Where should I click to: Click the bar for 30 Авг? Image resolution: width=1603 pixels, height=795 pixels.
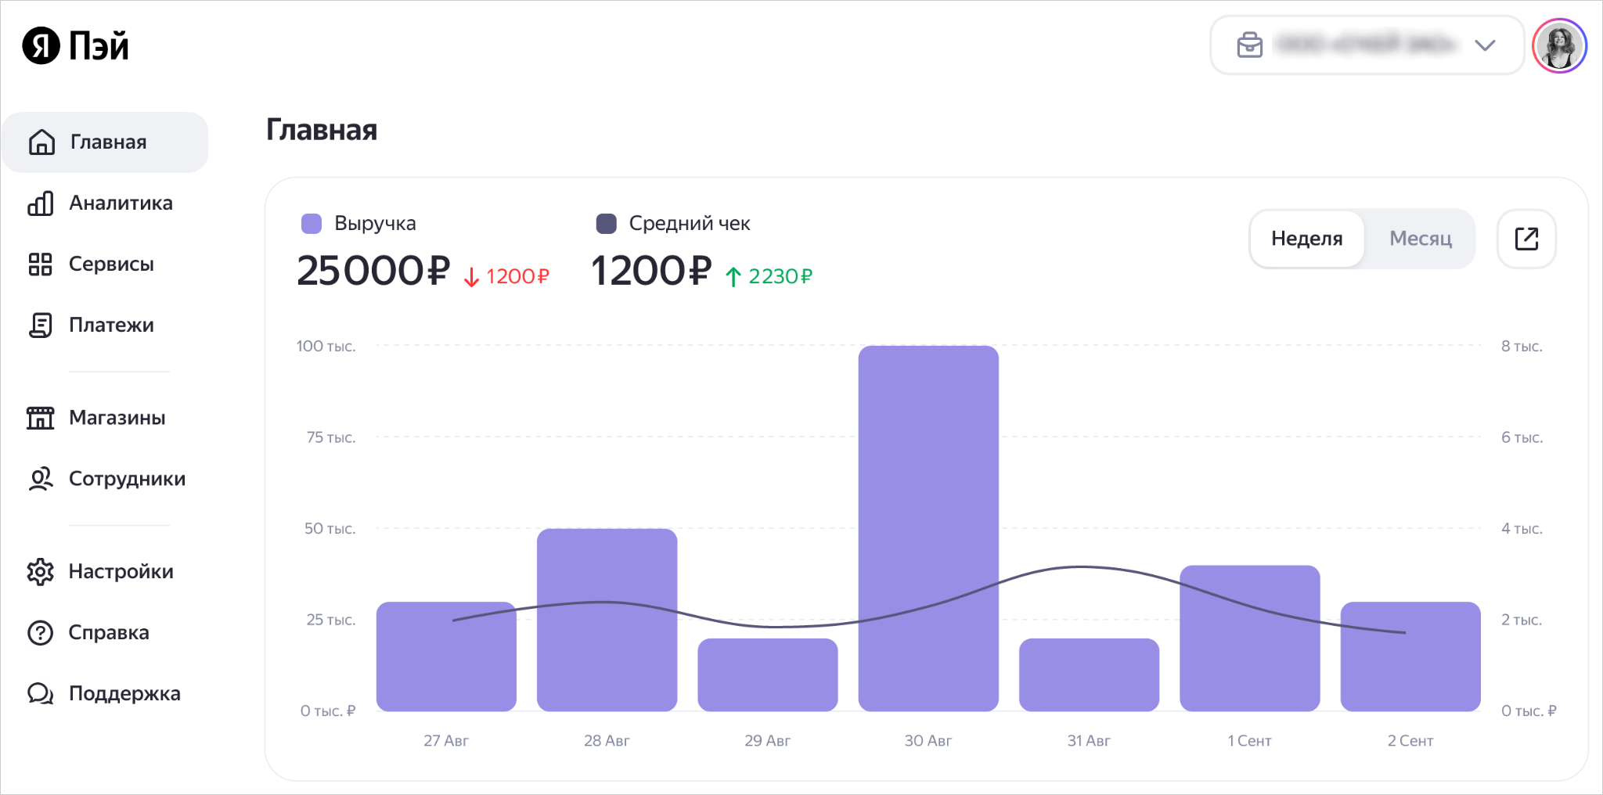pyautogui.click(x=928, y=528)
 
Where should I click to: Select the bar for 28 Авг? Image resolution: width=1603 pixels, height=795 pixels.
pyautogui.click(x=607, y=620)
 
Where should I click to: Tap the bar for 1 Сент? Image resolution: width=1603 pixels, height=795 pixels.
pyautogui.click(x=1249, y=638)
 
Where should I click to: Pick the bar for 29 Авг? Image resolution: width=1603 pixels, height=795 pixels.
pyautogui.click(x=767, y=674)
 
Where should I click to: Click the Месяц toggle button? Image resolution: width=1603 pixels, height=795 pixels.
pyautogui.click(x=1421, y=239)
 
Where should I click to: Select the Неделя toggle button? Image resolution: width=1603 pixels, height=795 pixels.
pyautogui.click(x=1306, y=239)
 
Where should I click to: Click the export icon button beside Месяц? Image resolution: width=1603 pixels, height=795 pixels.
pyautogui.click(x=1526, y=239)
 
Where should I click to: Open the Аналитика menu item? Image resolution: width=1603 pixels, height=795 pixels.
pyautogui.click(x=121, y=203)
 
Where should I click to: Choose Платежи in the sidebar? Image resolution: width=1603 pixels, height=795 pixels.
pyautogui.click(x=111, y=326)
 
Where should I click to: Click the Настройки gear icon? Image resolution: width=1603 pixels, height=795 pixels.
pyautogui.click(x=41, y=572)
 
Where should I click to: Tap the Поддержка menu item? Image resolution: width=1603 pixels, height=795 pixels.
pyautogui.click(x=124, y=694)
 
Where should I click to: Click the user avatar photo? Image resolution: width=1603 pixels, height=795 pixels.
pyautogui.click(x=1559, y=45)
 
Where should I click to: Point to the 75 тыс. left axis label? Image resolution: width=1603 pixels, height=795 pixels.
pyautogui.click(x=330, y=437)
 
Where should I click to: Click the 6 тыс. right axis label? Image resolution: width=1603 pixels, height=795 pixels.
pyautogui.click(x=1522, y=437)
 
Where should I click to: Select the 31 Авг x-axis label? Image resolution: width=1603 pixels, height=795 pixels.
pyautogui.click(x=1089, y=740)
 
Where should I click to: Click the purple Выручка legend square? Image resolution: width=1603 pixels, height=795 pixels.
pyautogui.click(x=312, y=224)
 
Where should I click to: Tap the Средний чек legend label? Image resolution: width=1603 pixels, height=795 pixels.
pyautogui.click(x=689, y=224)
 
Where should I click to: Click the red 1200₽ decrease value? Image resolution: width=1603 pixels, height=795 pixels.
pyautogui.click(x=517, y=276)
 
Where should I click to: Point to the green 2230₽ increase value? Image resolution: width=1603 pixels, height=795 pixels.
pyautogui.click(x=780, y=276)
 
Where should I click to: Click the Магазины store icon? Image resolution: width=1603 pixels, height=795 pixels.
pyautogui.click(x=41, y=418)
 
